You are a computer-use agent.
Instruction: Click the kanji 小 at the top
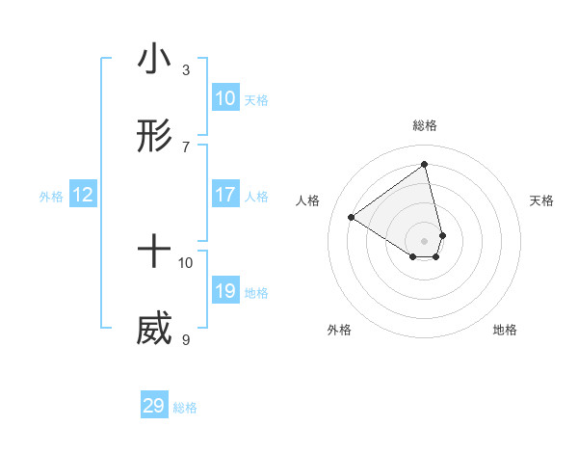coord(154,60)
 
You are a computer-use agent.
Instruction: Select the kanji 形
coord(154,139)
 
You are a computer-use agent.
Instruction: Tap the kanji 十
coord(154,253)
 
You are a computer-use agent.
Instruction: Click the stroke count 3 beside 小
coord(185,69)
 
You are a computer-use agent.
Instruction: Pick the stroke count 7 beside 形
coord(185,147)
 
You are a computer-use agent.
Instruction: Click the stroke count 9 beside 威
coord(185,339)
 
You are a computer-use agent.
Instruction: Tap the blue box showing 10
coord(224,98)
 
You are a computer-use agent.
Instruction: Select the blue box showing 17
coord(224,195)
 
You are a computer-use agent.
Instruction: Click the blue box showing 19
coord(224,291)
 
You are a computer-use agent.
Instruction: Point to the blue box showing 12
coord(83,195)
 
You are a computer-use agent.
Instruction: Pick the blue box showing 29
coord(153,406)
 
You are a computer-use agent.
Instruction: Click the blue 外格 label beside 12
coord(51,197)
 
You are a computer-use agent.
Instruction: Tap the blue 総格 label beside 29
coord(185,408)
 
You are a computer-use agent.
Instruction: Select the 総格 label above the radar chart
coord(425,125)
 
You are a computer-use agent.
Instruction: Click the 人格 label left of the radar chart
coord(308,200)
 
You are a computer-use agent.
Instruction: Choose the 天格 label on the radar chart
coord(541,200)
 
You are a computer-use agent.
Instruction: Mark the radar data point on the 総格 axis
coord(425,165)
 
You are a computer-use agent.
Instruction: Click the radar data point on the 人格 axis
coord(351,217)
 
